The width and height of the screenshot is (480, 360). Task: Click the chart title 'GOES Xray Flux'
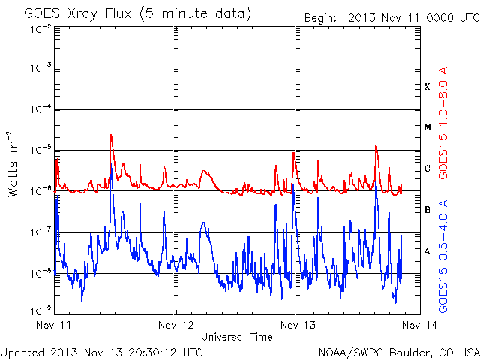coord(78,14)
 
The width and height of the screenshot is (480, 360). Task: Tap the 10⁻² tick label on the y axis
coord(40,29)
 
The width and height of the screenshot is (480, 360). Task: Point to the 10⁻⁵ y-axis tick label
coord(40,150)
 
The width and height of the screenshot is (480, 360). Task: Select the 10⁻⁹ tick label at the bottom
coord(40,310)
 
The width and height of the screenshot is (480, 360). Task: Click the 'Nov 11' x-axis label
coord(53,325)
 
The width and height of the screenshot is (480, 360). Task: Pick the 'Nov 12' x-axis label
coord(175,325)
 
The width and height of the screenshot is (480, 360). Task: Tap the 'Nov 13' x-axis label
coord(298,325)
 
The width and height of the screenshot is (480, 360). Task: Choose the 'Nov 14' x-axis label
coord(420,325)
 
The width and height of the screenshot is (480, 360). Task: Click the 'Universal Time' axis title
coord(237,337)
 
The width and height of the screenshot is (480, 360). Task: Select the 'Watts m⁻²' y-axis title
coord(13,164)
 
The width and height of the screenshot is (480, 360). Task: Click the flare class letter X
coord(427,87)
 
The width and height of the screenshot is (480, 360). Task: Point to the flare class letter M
coord(427,127)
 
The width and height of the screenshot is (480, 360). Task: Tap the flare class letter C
coord(427,168)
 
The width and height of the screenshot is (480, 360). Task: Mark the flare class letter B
coord(427,210)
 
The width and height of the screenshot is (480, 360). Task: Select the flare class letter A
coord(427,251)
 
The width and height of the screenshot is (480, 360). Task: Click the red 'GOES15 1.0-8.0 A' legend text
coord(443,122)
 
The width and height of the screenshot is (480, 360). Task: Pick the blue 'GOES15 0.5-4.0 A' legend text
coord(443,256)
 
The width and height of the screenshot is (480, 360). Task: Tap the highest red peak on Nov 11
coord(111,135)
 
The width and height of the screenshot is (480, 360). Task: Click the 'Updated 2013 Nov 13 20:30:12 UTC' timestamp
coord(102,352)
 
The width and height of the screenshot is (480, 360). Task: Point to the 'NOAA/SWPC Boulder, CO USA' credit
coord(399,352)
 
